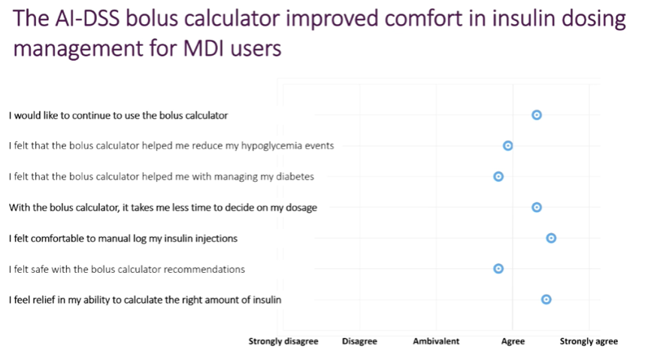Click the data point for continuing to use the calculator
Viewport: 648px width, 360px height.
(x=537, y=115)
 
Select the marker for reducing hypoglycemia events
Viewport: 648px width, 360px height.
(x=508, y=146)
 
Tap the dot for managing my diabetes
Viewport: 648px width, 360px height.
(x=498, y=177)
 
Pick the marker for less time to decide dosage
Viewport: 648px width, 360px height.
(x=537, y=207)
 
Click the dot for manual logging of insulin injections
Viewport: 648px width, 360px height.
(x=551, y=238)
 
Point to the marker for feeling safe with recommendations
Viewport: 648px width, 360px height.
(x=498, y=268)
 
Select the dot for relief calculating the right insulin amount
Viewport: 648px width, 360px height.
(x=546, y=299)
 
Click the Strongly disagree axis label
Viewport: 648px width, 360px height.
(x=283, y=341)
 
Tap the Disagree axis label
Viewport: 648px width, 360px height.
(x=359, y=341)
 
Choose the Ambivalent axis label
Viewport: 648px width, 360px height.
(x=436, y=341)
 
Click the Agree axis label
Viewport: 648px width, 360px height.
(x=513, y=341)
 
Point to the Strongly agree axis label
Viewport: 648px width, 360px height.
(x=589, y=341)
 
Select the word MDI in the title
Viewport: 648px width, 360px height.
(x=203, y=48)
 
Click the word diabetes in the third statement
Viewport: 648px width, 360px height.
(x=295, y=177)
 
